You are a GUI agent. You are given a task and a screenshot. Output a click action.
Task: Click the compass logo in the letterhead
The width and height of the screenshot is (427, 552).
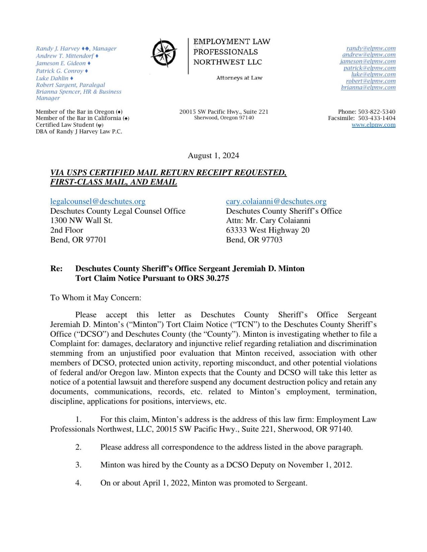pos(164,53)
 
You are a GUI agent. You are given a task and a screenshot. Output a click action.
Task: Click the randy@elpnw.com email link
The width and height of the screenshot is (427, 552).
pos(371,48)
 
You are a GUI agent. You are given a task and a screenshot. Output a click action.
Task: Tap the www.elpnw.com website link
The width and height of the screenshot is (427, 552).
pos(373,125)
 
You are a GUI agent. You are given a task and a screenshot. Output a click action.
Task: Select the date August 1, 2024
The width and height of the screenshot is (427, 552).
pos(213,155)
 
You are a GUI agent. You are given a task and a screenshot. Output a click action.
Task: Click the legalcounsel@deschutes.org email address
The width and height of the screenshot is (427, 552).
pos(98,201)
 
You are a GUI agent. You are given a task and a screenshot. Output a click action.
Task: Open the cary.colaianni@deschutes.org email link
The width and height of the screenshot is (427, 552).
pos(276,201)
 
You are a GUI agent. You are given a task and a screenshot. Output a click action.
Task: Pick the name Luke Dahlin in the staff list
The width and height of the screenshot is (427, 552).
pos(52,78)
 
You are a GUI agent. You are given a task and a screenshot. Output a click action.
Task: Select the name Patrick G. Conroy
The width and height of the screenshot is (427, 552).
pos(60,71)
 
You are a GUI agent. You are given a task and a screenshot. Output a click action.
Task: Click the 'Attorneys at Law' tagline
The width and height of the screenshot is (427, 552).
pos(239,78)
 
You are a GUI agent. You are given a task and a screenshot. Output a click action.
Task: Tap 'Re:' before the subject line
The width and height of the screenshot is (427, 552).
pos(56,269)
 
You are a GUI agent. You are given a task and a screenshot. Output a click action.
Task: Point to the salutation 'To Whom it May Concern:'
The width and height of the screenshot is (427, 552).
pos(96,298)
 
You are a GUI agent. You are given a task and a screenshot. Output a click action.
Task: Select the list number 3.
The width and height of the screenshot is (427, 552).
pos(78,465)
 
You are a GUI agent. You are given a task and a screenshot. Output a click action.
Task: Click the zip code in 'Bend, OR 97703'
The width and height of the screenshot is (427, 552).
pos(271,240)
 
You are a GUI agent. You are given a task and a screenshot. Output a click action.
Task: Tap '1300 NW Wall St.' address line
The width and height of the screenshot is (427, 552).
pos(81,220)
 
